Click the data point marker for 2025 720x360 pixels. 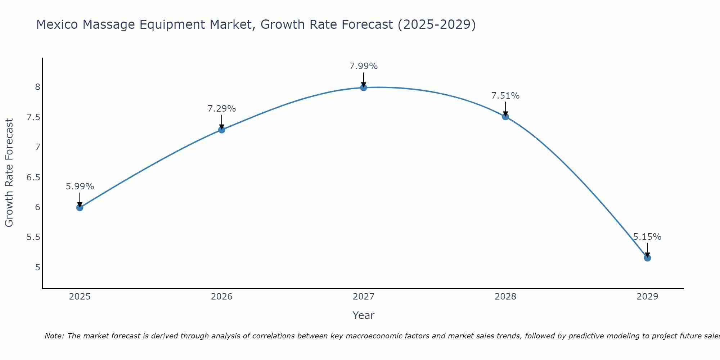pos(80,207)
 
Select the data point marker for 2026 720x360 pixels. pos(222,130)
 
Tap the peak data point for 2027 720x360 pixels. pos(364,87)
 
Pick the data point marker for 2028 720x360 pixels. pos(505,117)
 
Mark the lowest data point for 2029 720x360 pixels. pos(647,258)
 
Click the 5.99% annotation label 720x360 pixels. pos(80,186)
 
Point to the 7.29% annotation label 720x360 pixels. pos(222,109)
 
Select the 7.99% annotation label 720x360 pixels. pos(364,66)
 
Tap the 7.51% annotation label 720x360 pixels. pos(505,96)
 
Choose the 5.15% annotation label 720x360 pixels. pos(647,237)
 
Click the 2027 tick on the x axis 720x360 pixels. pos(364,297)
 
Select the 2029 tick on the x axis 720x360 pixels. pos(647,297)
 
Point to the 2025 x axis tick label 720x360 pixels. pos(80,297)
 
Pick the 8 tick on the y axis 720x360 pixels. pos(37,87)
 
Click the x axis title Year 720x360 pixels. pos(364,315)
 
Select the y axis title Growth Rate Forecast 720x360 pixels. pos(9,173)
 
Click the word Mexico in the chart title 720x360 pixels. pos(57,24)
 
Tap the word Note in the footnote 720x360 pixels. pos(54,336)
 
